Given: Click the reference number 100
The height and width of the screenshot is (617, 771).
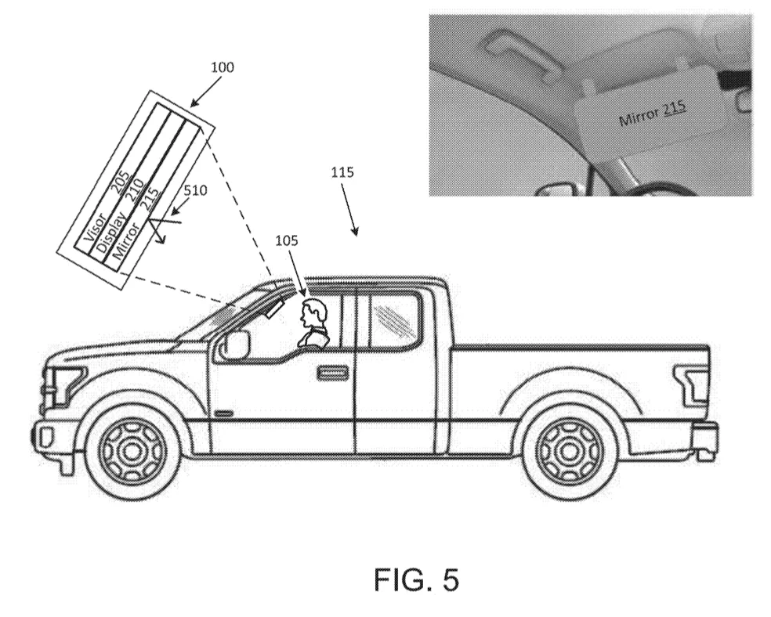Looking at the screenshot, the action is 223,67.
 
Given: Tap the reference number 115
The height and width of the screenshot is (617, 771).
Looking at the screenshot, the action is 342,172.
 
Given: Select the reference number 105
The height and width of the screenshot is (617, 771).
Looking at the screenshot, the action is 286,240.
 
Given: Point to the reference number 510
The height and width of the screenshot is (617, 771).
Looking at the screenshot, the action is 195,189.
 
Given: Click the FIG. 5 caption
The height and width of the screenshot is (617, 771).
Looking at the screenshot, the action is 416,579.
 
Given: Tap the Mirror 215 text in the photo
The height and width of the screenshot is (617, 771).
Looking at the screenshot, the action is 652,114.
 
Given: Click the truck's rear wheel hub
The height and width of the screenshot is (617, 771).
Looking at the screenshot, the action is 569,449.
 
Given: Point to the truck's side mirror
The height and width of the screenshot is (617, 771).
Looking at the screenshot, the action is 237,344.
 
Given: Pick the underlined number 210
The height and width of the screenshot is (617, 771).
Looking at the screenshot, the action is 136,190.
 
